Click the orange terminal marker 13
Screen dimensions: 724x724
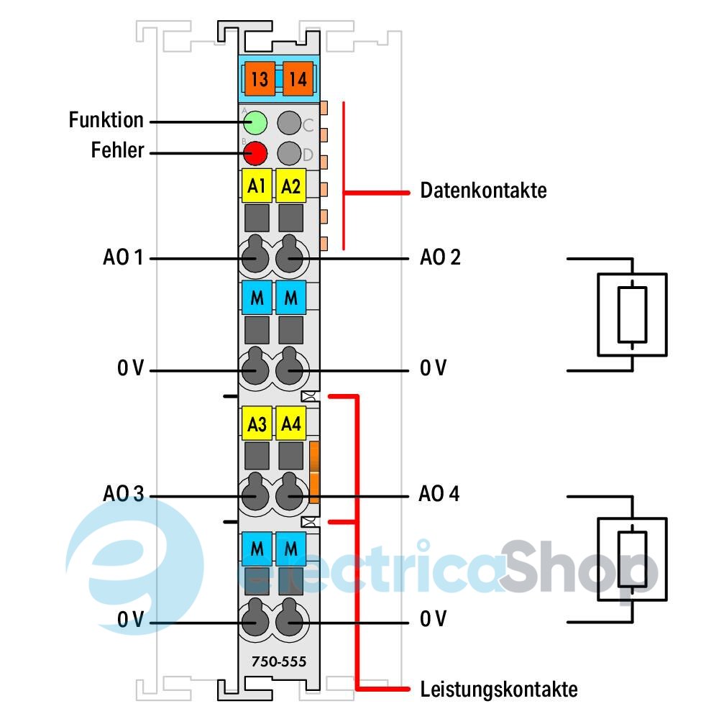[x=260, y=79]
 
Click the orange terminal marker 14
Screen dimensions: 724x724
[x=298, y=79]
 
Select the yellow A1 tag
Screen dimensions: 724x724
[x=257, y=187]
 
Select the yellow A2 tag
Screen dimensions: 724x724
[x=290, y=187]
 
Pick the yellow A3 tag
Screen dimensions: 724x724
[x=257, y=424]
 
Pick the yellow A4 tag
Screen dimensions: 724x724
[x=290, y=424]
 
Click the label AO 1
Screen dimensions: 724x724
[x=123, y=257]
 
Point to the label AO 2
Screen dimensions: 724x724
[x=440, y=257]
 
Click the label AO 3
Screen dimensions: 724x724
[x=123, y=495]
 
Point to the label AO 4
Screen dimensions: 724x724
[x=440, y=495]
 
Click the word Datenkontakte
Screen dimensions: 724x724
[x=483, y=191]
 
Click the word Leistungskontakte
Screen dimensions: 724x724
[x=498, y=689]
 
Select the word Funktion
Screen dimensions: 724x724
[x=106, y=120]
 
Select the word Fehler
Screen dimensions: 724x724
[x=117, y=151]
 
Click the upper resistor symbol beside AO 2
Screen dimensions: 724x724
[x=632, y=314]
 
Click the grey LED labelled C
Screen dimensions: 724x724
[x=289, y=123]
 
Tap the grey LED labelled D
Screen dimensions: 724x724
[x=289, y=152]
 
